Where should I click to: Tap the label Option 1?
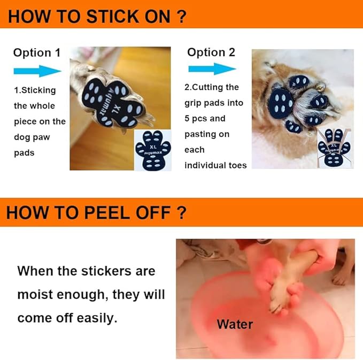36,52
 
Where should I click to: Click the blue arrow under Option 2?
212,68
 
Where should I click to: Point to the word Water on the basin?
235,324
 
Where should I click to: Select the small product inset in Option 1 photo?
152,150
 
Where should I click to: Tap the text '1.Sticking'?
35,90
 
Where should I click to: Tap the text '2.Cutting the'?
211,87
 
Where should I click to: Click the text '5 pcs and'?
205,118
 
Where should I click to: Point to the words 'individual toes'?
215,165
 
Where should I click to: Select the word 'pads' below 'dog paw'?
24,152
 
